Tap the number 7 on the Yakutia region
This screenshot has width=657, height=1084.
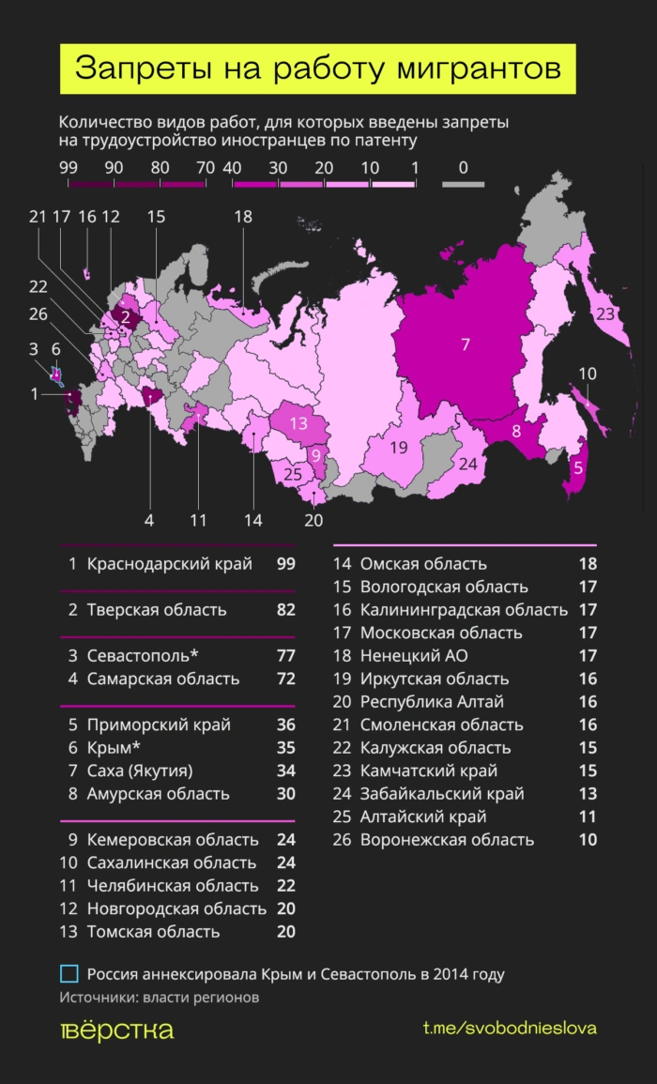point(465,344)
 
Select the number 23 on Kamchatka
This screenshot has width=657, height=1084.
point(605,313)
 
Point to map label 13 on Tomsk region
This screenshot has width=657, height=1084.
point(298,423)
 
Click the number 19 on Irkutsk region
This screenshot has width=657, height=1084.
point(399,448)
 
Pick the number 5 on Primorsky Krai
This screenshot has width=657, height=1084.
point(578,468)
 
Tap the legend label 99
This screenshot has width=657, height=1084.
point(68,167)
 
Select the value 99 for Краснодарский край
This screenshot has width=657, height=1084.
point(285,564)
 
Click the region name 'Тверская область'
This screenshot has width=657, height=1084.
point(157,610)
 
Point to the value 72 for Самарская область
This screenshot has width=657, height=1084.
point(285,679)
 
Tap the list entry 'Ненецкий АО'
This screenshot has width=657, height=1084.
point(414,656)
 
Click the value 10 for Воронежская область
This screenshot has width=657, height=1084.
point(588,840)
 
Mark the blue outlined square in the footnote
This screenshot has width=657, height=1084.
point(69,973)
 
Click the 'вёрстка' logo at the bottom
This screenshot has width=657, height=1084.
point(116,1030)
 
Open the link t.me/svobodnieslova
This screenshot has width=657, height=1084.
point(510,1029)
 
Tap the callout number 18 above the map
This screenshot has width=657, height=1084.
point(243,217)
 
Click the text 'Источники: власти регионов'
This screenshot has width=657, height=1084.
point(159,998)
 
